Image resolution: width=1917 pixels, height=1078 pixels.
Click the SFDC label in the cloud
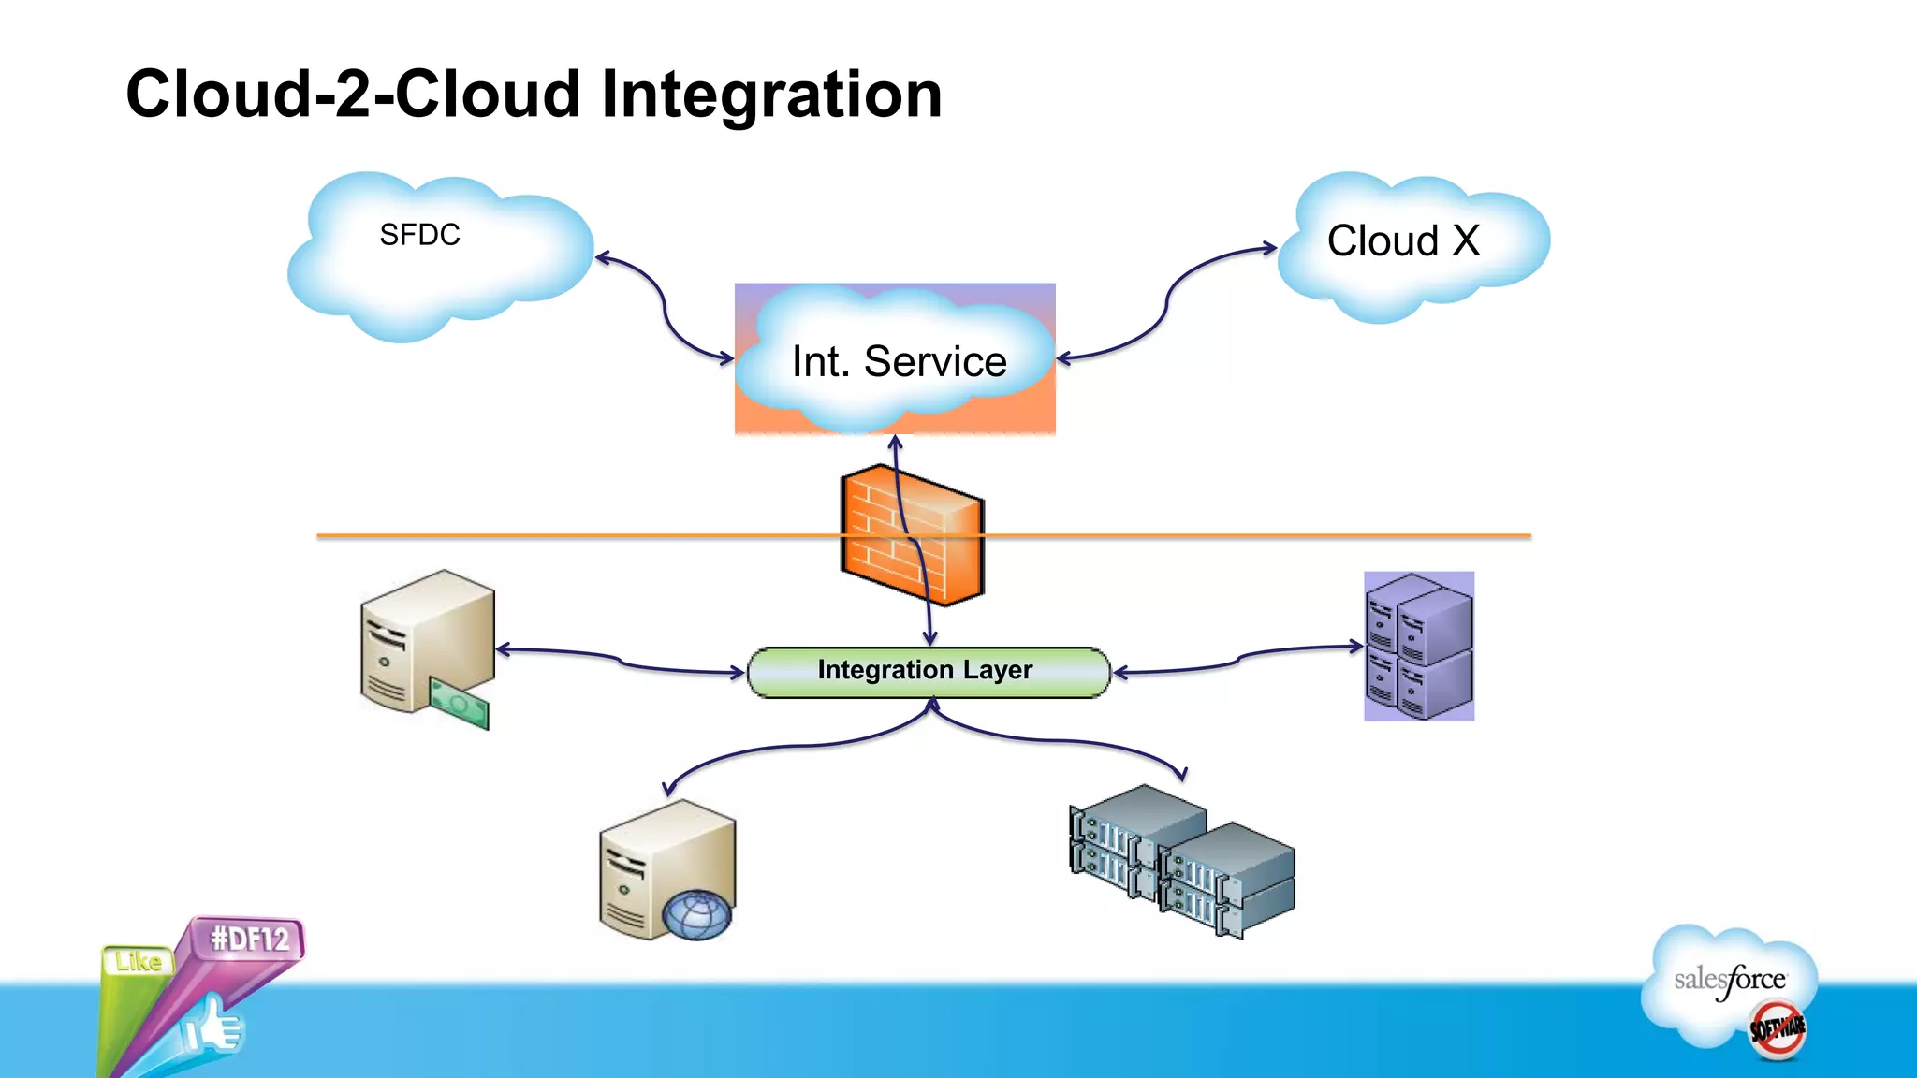coord(419,235)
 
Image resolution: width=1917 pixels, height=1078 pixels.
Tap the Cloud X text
coord(1402,241)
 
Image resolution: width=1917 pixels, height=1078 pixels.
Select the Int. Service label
coord(899,361)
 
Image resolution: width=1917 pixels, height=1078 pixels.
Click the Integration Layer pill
coord(927,671)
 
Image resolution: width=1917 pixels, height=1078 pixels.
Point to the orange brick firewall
coord(912,536)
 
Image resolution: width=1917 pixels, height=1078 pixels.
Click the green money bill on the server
coord(460,705)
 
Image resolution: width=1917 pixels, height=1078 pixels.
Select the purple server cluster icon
coord(1419,647)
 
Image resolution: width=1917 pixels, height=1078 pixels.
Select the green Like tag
coord(139,961)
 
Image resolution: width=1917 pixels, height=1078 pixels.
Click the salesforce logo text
coord(1729,980)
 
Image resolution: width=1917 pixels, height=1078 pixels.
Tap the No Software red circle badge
coord(1778,1029)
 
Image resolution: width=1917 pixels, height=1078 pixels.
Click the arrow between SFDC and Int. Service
coord(664,308)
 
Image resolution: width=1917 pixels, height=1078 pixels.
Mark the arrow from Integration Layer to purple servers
coord(1237,659)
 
